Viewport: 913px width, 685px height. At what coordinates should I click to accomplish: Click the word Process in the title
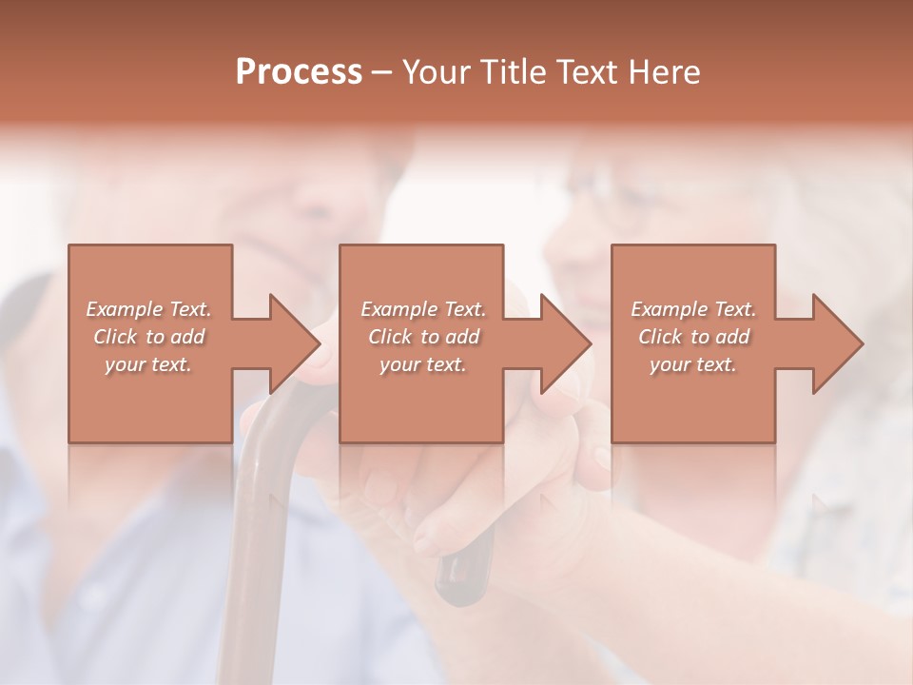[299, 72]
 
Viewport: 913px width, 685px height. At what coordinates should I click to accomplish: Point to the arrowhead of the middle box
[565, 343]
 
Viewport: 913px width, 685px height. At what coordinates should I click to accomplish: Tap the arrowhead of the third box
[837, 343]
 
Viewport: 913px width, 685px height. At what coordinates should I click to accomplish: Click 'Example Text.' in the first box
[148, 309]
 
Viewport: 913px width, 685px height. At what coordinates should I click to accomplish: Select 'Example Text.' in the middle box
[423, 309]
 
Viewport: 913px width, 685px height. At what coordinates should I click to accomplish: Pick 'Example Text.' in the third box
[693, 309]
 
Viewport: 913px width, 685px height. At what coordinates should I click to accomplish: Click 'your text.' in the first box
[148, 364]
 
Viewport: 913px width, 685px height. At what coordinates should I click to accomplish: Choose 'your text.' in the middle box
[423, 364]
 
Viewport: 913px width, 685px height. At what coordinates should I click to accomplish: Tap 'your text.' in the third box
[693, 364]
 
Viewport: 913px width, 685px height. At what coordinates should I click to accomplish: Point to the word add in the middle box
[461, 337]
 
